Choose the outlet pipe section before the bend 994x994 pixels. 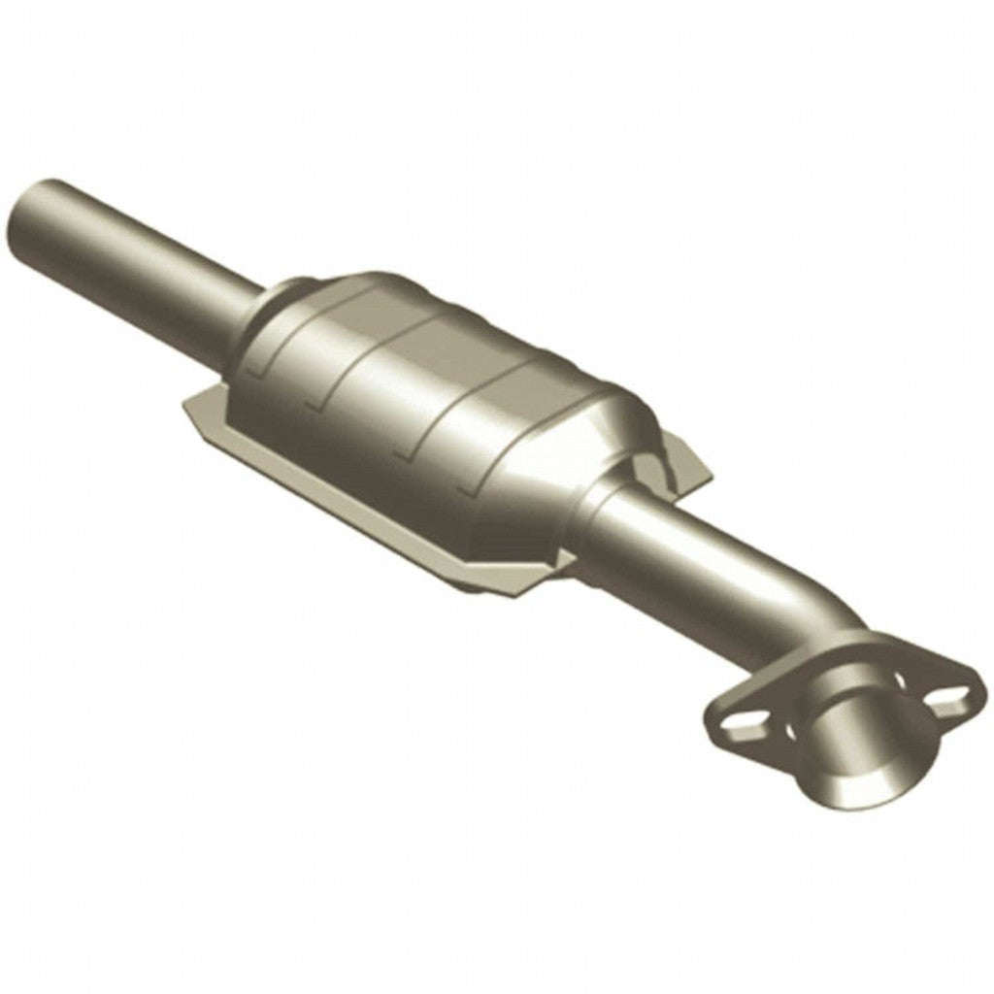699,563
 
